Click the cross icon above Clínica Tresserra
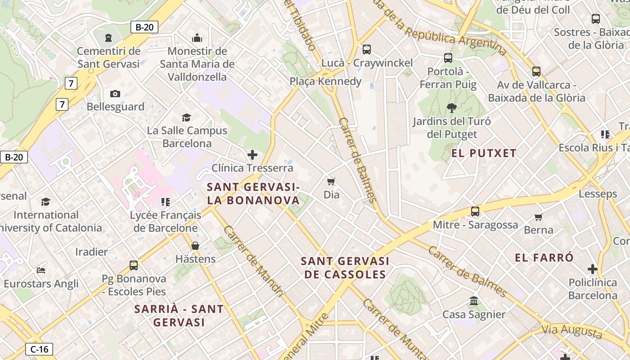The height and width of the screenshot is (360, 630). [252, 155]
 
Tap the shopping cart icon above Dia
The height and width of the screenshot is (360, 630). [331, 182]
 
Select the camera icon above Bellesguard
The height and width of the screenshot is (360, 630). [115, 94]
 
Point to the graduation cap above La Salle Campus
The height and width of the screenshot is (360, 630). [186, 118]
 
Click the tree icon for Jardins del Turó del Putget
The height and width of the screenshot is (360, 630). [451, 108]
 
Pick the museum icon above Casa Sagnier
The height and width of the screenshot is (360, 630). [473, 301]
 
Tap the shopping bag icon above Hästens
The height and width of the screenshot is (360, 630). [195, 246]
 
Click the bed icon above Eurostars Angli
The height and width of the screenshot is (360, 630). [41, 270]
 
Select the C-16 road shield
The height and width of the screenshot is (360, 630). [39, 349]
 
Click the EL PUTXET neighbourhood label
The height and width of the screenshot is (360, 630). [484, 153]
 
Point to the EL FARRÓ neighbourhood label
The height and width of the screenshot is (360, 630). [544, 258]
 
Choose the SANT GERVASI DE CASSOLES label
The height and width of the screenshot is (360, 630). [345, 268]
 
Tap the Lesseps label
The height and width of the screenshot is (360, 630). [598, 194]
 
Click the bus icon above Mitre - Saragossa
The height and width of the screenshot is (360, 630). [475, 211]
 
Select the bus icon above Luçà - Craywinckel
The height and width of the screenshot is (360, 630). [367, 49]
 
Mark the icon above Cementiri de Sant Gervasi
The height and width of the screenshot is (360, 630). [108, 38]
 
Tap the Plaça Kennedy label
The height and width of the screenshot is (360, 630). [325, 81]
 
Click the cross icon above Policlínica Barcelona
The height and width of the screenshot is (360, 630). [593, 270]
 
